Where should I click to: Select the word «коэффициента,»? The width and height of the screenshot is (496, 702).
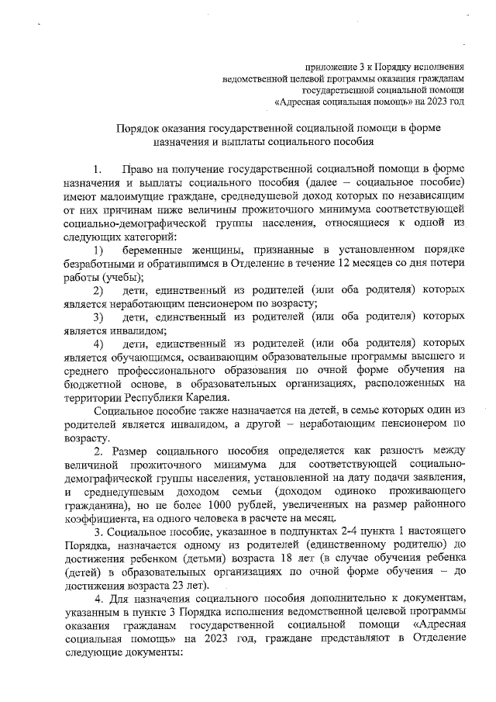99,519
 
